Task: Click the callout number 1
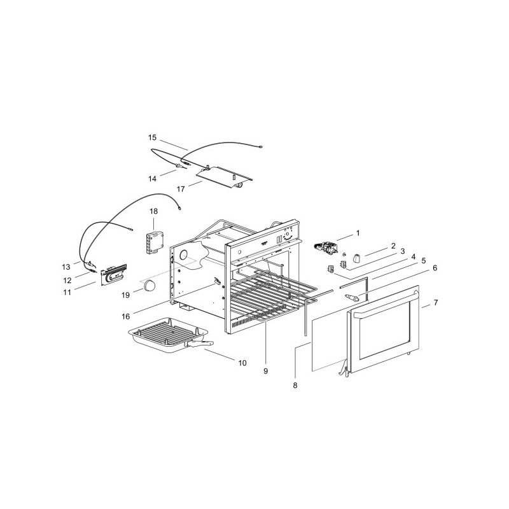tap(358, 233)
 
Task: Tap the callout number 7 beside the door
tap(436, 302)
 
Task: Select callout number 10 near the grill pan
tap(242, 363)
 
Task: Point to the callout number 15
tap(152, 137)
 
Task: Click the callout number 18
tap(153, 211)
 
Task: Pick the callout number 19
tap(125, 296)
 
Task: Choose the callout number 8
tap(295, 385)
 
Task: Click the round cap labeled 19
tap(150, 284)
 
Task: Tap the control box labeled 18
tap(153, 242)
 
